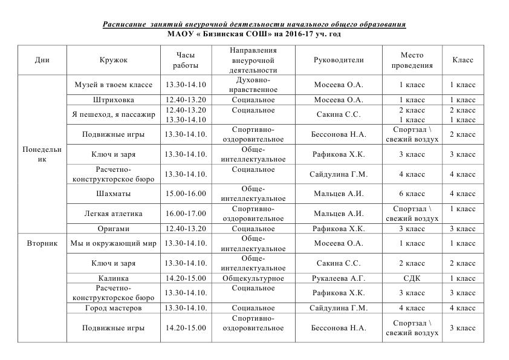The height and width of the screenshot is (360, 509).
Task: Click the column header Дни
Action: [42, 60]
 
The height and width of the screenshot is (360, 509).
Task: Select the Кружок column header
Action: [114, 60]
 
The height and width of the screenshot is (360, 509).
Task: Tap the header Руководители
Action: [339, 60]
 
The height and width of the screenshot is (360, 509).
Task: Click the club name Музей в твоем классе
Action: [114, 85]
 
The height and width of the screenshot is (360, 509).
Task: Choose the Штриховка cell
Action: [114, 100]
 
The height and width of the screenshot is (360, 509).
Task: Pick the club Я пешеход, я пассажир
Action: [114, 114]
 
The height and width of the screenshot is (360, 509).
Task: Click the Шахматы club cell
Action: [114, 194]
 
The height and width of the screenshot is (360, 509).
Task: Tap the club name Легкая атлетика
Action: [114, 214]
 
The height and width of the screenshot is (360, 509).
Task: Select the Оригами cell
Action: [114, 229]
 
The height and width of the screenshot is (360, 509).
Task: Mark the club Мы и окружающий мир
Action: [114, 243]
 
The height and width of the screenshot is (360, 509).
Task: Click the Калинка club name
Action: [114, 278]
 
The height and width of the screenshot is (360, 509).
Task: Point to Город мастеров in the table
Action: [114, 308]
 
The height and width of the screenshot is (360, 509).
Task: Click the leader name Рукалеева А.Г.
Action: [339, 278]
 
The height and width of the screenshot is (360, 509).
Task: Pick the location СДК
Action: [412, 278]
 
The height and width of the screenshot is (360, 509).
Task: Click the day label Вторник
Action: [42, 243]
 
